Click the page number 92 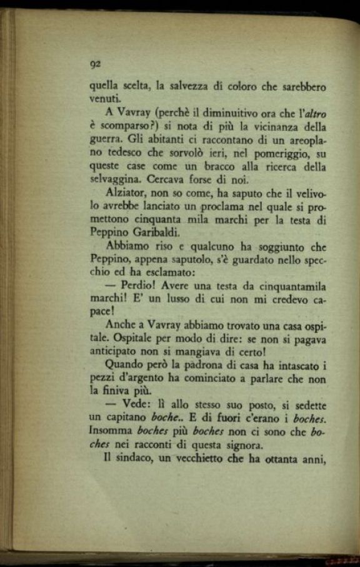click(96, 64)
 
